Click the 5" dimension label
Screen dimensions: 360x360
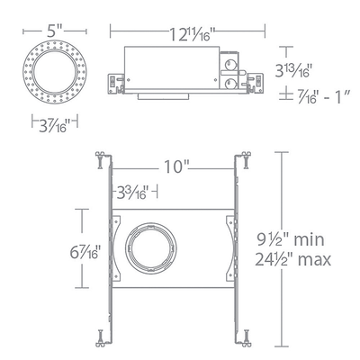pos(54,31)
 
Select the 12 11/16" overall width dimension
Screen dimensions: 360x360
pos(193,33)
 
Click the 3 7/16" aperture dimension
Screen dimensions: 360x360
pos(54,124)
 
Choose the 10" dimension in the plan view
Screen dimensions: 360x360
pos(176,166)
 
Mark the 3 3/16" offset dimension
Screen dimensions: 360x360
pos(133,193)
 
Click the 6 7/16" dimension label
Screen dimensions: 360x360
pos(85,252)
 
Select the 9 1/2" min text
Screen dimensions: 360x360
pos(291,239)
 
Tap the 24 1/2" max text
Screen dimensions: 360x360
pos(293,259)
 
